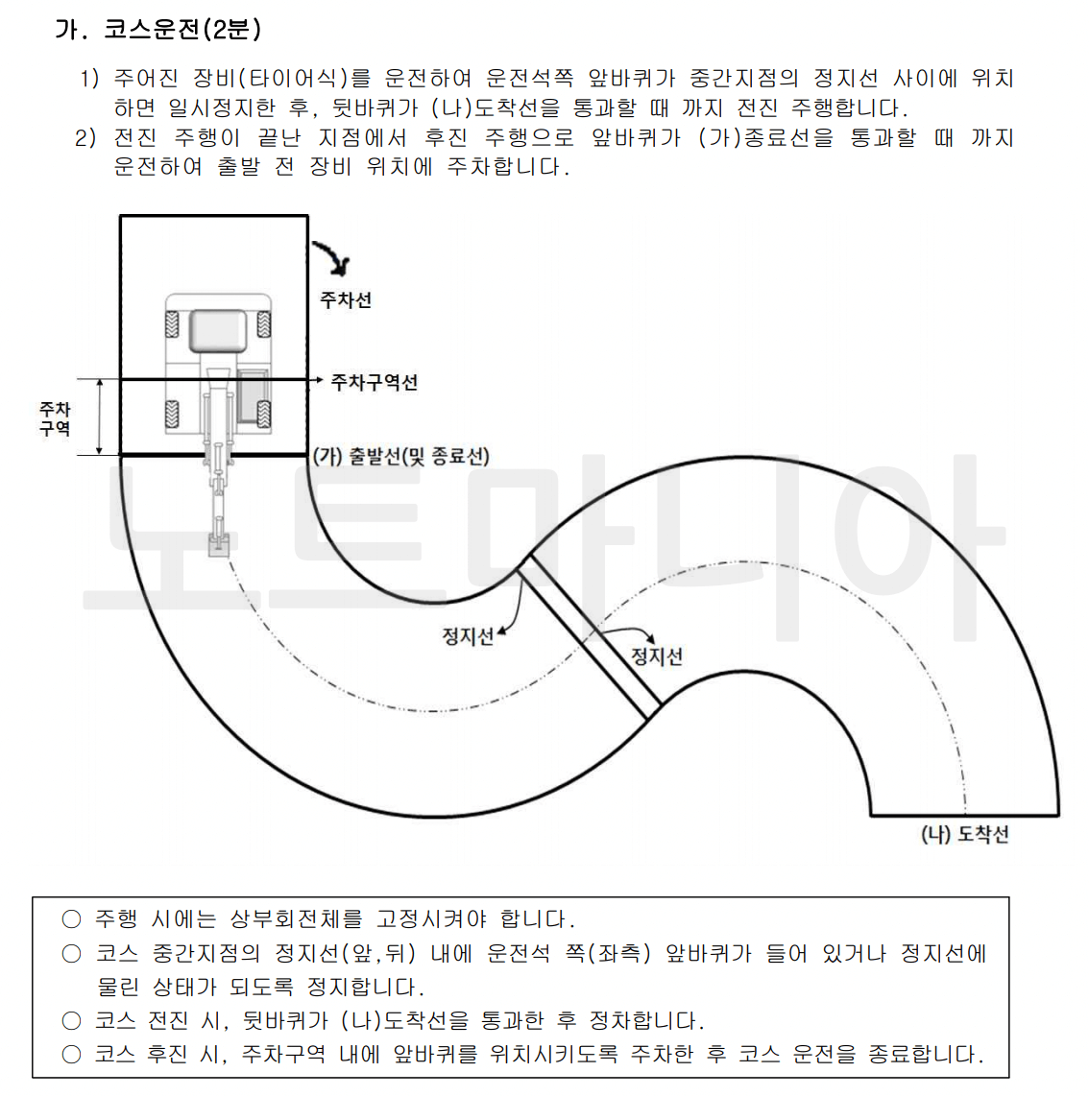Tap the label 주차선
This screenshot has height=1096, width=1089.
click(345, 300)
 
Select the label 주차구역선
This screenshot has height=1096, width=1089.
click(374, 382)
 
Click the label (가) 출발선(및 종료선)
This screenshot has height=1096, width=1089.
click(401, 456)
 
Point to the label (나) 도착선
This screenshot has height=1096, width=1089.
click(965, 834)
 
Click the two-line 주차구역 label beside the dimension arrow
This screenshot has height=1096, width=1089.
click(55, 418)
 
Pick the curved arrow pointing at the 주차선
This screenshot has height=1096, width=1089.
click(332, 256)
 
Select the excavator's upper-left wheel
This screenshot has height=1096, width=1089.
click(173, 323)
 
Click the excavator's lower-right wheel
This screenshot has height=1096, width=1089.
click(262, 415)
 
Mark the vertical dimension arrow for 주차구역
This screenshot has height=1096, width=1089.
click(100, 417)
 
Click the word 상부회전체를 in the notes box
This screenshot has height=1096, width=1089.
click(297, 919)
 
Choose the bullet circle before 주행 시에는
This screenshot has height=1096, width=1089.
click(71, 919)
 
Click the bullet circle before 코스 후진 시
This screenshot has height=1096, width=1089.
click(71, 1054)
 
